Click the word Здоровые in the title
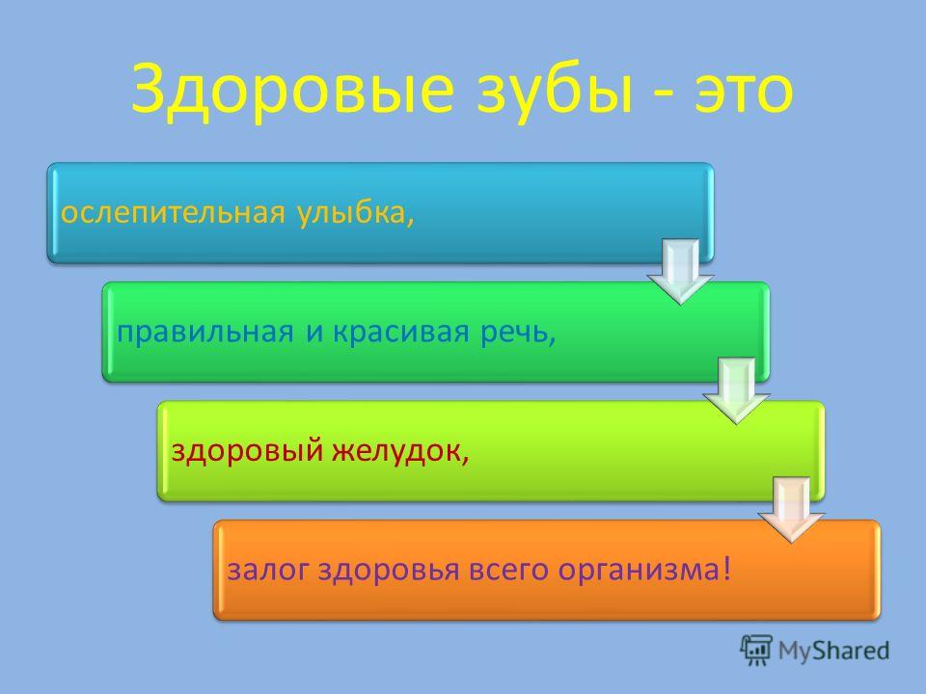293,89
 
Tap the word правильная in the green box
204,333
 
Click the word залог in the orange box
267,571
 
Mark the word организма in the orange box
639,571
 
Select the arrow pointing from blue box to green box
681,272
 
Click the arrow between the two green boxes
736,390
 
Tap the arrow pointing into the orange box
792,510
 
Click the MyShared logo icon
756,651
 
